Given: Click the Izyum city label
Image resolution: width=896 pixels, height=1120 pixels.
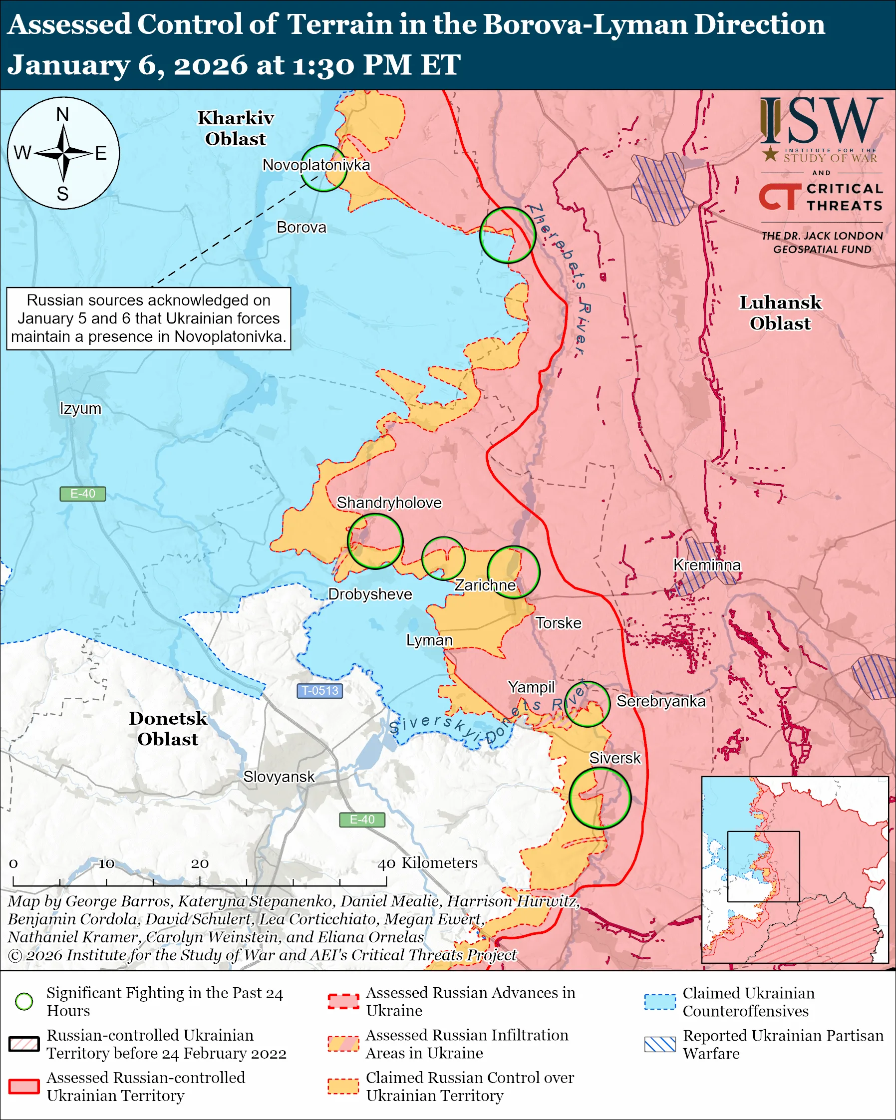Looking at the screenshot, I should (x=80, y=408).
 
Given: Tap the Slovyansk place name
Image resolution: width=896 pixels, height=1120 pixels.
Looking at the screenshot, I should (x=279, y=777).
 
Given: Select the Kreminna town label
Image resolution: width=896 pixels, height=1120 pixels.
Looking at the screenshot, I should (x=706, y=564).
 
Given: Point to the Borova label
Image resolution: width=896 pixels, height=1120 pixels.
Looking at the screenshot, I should (x=301, y=227).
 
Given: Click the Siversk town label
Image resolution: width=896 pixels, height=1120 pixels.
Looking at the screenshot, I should (x=614, y=758).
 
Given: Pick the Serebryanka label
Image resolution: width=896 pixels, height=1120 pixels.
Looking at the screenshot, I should (x=661, y=701).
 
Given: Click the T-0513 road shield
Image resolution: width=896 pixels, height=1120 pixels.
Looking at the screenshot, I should (x=319, y=690).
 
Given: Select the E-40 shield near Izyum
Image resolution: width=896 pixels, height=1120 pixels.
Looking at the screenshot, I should (x=82, y=494).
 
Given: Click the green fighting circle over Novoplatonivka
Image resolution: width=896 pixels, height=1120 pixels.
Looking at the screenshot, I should (x=323, y=168).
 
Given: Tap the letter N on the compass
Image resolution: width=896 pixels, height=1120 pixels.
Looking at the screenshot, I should (x=62, y=114).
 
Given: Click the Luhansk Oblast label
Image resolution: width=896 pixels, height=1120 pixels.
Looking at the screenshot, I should (x=780, y=313).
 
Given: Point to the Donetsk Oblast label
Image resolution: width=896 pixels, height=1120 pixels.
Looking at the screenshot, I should (x=168, y=728).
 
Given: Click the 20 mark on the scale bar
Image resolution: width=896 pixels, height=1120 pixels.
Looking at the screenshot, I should (x=200, y=863).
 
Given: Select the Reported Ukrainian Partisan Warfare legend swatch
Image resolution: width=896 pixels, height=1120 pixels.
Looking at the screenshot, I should (x=660, y=1044).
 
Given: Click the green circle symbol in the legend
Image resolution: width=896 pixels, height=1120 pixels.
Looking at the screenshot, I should (x=24, y=1002).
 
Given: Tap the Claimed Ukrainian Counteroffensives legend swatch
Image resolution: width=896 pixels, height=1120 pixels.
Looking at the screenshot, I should (x=660, y=1002).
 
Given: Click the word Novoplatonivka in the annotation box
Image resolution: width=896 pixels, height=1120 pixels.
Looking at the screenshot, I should (x=229, y=336).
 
